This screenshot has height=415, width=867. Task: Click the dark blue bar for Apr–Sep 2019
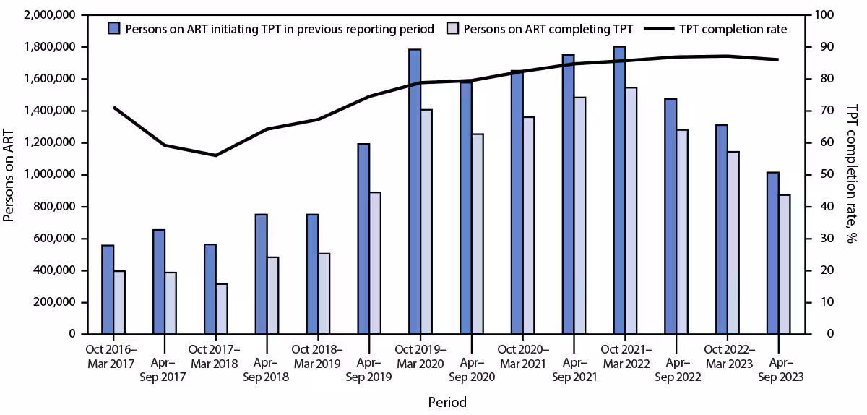(x=363, y=239)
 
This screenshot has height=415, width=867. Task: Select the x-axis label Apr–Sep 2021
(x=574, y=369)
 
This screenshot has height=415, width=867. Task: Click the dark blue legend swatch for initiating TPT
(x=113, y=29)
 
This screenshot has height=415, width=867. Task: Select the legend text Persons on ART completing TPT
(x=548, y=29)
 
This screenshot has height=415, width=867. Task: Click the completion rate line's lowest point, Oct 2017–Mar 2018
(x=215, y=155)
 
